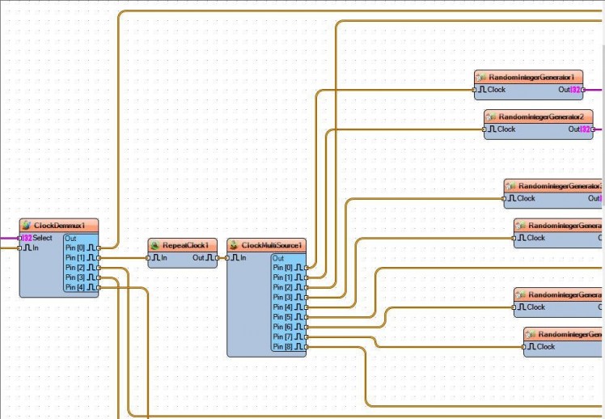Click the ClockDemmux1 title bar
(59, 225)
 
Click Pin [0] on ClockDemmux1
(81, 248)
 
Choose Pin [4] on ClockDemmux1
(81, 287)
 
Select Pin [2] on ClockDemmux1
(81, 267)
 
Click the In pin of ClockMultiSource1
(238, 258)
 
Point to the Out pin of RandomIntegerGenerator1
(569, 90)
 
